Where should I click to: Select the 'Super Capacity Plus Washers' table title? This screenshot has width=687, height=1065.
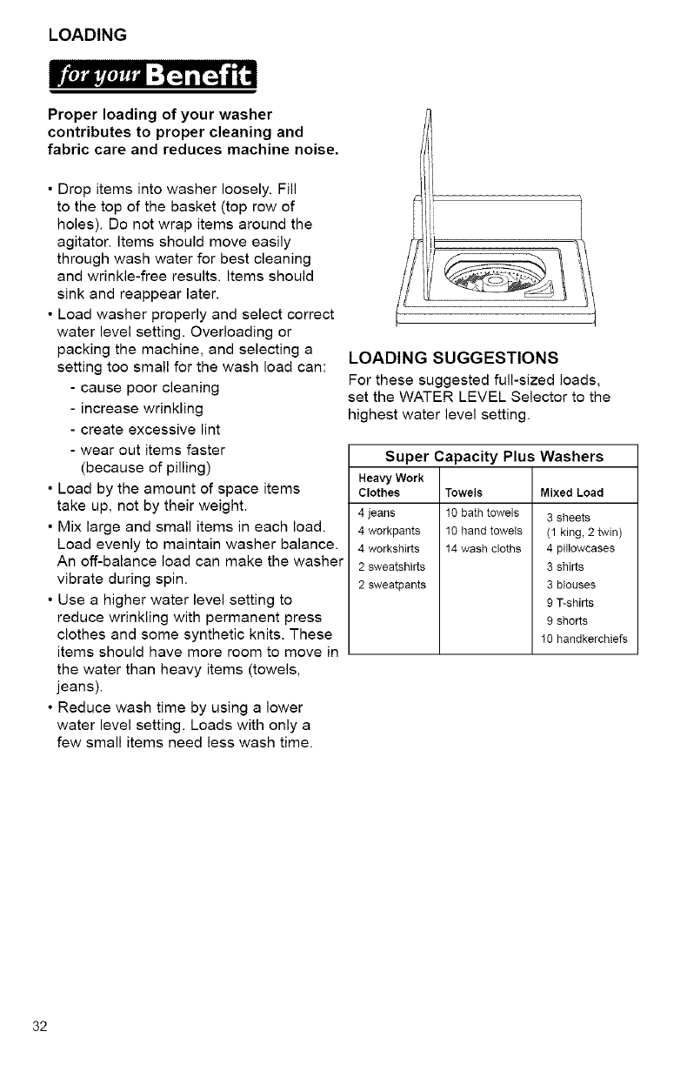click(493, 456)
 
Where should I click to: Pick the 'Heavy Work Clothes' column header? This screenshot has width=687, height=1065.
click(384, 486)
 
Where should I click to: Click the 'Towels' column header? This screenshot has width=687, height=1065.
click(463, 492)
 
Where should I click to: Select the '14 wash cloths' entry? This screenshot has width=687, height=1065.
click(483, 548)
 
